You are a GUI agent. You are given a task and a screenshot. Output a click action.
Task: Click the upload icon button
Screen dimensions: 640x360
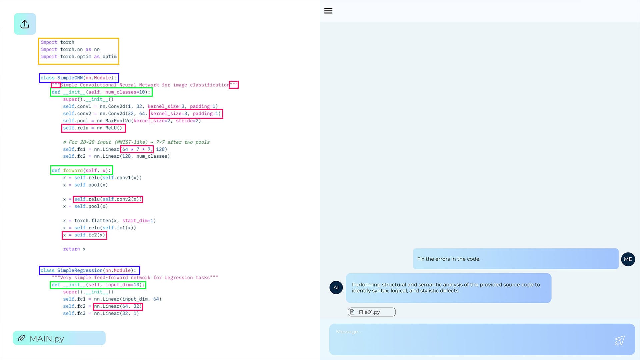tap(25, 24)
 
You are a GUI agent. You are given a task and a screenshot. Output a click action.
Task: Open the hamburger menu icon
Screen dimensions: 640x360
tap(328, 11)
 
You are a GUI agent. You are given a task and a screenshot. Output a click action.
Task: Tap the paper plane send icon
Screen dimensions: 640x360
tap(620, 340)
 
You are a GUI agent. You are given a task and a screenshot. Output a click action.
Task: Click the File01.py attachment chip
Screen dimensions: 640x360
tap(371, 312)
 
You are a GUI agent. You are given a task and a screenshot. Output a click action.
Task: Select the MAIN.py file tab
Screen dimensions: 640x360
tap(59, 338)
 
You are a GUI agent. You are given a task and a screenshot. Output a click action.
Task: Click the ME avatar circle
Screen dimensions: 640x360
tap(628, 259)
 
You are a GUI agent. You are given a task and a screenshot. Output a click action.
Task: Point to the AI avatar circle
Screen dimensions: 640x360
tap(336, 287)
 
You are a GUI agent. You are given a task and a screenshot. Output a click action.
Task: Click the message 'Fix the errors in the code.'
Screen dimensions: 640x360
tap(449, 259)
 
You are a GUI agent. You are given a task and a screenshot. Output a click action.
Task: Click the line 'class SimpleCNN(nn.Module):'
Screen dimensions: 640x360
tap(79, 78)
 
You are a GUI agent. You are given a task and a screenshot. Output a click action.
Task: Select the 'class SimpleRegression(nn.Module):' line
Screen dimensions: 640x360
tap(89, 270)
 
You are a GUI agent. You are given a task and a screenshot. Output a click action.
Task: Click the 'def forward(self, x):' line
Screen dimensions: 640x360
tap(81, 170)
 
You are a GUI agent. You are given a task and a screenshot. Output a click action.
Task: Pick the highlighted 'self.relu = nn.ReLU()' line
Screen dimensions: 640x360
tap(93, 128)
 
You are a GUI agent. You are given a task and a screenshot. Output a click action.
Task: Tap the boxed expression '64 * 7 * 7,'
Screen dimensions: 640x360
tap(137, 149)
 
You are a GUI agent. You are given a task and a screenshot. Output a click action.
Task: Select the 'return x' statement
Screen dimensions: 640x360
tap(74, 249)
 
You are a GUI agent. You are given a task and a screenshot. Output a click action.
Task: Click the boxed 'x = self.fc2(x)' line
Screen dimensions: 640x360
tap(84, 235)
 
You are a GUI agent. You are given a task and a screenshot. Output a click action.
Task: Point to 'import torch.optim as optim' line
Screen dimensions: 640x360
tap(79, 57)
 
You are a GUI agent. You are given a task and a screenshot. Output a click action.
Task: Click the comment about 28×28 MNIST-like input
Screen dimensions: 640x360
tap(136, 142)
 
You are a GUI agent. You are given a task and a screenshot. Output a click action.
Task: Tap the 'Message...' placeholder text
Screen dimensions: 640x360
tap(348, 332)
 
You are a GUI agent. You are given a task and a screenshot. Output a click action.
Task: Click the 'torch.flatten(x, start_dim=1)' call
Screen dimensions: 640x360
tap(115, 221)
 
